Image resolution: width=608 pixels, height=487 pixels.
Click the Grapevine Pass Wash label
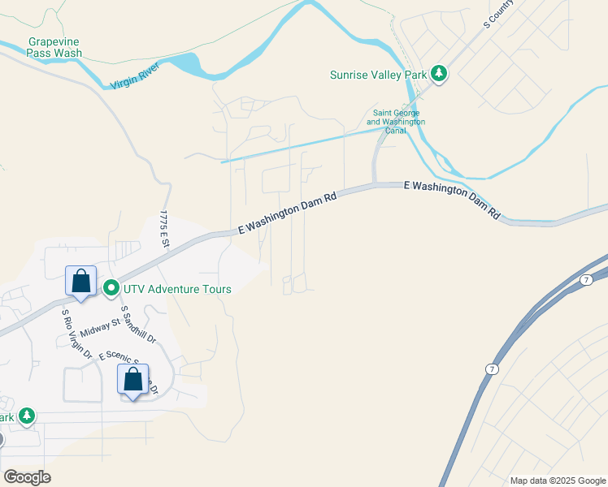54,47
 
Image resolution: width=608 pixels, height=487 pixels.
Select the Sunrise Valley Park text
378,75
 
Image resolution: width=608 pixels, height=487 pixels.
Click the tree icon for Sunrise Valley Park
439,74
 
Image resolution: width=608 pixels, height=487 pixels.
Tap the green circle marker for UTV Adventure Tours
111,288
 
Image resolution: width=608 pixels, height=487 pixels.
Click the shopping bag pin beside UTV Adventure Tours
80,281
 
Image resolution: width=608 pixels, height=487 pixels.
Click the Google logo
27,476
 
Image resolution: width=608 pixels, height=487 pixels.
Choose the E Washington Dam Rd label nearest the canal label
452,199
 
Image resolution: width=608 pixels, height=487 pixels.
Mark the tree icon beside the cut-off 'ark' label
27,416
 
